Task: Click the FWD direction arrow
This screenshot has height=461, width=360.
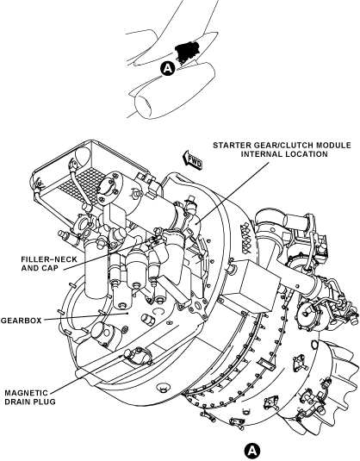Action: tap(193, 160)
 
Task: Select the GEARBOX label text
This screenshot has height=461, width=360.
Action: tap(22, 321)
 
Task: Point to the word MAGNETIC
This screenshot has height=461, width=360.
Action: tap(26, 393)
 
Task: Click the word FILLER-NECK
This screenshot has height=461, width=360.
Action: tap(49, 259)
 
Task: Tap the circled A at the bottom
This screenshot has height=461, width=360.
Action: tap(252, 451)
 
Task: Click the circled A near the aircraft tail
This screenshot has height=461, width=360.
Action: tap(168, 68)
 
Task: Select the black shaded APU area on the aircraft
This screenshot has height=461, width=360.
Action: tap(186, 51)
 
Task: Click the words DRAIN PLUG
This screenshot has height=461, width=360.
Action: tap(30, 402)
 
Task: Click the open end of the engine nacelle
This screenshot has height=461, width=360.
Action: tap(144, 107)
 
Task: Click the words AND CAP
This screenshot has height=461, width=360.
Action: tap(40, 268)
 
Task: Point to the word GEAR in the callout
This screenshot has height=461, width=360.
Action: tap(263, 146)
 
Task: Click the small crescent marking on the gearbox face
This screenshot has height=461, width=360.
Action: tap(158, 311)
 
